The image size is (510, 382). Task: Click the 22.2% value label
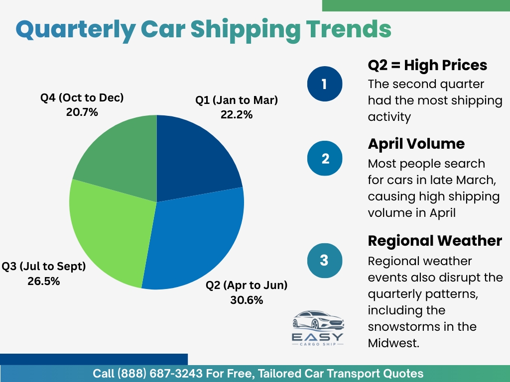point(237,115)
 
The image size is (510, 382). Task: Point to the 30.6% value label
point(247,300)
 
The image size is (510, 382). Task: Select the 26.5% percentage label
point(44,281)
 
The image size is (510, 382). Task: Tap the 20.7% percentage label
point(82,112)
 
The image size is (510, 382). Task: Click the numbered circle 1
point(325,84)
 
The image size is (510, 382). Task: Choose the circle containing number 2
point(325,158)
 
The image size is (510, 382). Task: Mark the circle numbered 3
point(325,261)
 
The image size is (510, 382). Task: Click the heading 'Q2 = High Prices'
point(427,65)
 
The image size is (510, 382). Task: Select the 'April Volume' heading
point(416,144)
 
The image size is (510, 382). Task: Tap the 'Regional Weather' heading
point(435,241)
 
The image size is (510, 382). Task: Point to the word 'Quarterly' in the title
point(76,30)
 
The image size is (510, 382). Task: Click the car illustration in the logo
point(318,320)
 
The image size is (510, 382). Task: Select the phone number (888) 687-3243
point(160,374)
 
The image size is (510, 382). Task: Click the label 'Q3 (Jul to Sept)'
point(44,267)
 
